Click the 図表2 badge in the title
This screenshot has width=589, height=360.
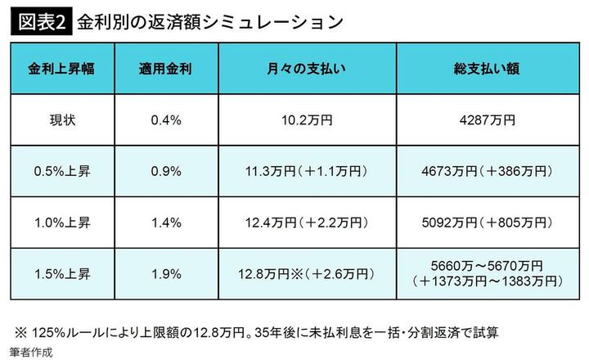tap(40, 21)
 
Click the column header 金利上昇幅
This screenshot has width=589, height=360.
tap(61, 68)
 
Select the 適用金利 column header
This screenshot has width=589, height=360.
tap(164, 68)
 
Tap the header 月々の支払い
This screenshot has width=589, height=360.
tap(304, 68)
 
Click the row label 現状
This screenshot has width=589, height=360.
tap(61, 120)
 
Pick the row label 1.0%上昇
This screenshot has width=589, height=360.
tap(61, 222)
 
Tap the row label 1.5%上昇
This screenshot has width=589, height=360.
tap(61, 273)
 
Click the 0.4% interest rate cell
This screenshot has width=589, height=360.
tap(164, 120)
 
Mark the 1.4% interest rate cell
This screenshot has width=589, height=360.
tap(164, 222)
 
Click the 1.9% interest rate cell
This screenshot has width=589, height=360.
tap(164, 273)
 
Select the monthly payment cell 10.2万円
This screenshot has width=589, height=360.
tap(304, 120)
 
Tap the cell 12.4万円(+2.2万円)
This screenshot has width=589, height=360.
tap(304, 222)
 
